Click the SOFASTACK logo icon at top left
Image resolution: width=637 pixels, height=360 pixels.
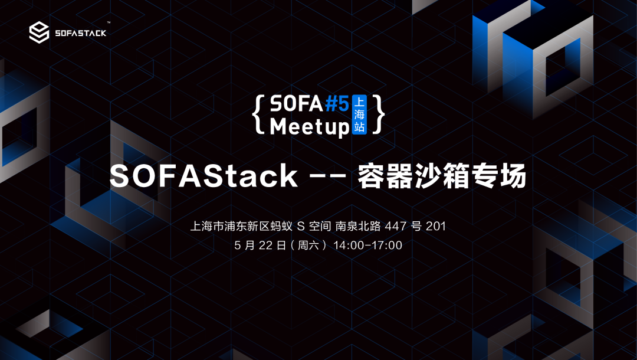coord(39,32)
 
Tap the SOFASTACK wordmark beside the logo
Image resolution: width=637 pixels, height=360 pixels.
coord(80,33)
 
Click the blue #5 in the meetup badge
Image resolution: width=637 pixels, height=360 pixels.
coord(337,104)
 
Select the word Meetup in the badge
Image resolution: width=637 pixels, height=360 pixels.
coord(310,127)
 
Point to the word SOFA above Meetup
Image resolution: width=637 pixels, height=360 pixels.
coord(296,104)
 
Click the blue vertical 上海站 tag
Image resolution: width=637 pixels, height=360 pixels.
coord(359,114)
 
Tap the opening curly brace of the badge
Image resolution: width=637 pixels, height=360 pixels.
coord(259,114)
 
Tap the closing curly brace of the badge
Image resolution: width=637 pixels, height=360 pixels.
coord(378,114)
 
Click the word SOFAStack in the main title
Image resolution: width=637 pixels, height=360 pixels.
coord(203,176)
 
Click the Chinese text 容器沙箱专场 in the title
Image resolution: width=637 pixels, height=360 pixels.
coord(442,176)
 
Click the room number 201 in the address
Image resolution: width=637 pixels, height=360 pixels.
coord(436,226)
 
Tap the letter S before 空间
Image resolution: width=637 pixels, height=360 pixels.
coord(301,226)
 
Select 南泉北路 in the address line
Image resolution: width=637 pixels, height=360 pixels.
coord(358,226)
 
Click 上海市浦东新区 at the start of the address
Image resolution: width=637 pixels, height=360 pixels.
coord(224,226)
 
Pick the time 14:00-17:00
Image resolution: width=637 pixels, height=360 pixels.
coord(367,246)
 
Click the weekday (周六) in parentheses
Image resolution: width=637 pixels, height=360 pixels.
coord(308,246)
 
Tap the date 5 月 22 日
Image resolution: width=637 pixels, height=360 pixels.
coord(261,246)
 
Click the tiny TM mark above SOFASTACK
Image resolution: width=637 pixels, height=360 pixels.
coord(109,23)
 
